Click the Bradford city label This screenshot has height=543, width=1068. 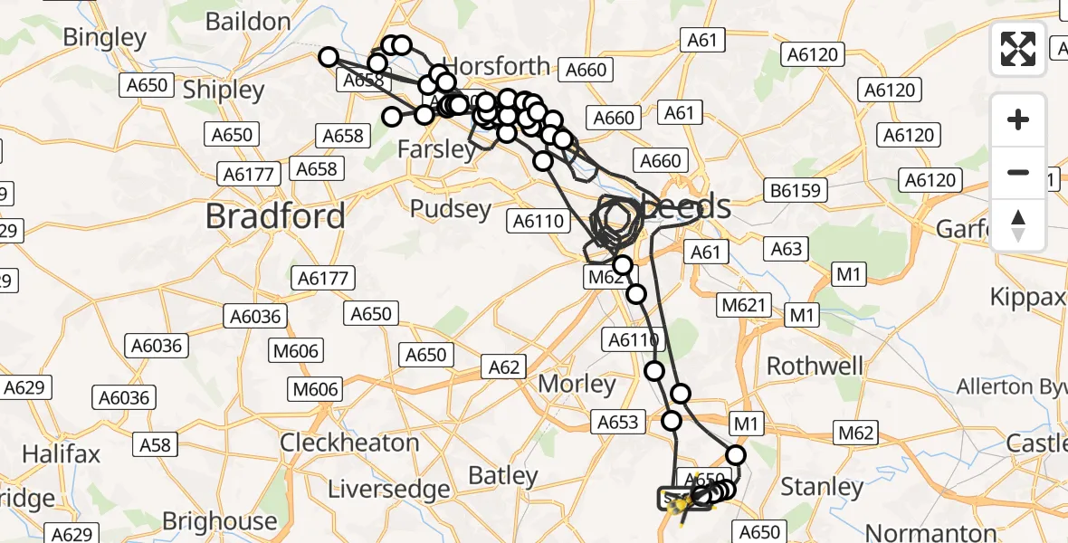tap(275, 216)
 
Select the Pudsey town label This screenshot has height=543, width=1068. tap(451, 209)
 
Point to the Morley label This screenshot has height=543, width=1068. tap(577, 384)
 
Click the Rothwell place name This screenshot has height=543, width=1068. tap(815, 366)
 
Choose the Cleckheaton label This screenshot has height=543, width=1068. tap(349, 443)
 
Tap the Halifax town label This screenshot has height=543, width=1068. tap(62, 452)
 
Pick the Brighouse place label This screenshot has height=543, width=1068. tap(220, 520)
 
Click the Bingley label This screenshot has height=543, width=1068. tap(105, 37)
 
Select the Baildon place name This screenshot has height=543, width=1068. tap(248, 21)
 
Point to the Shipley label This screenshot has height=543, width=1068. tap(224, 90)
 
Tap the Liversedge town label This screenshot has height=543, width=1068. tap(388, 490)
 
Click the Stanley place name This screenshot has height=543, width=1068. tap(822, 488)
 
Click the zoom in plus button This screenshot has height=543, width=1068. tap(1018, 119)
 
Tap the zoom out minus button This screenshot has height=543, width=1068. tap(1018, 172)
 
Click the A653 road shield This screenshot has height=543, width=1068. tap(619, 421)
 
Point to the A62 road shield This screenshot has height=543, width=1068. tap(505, 366)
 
